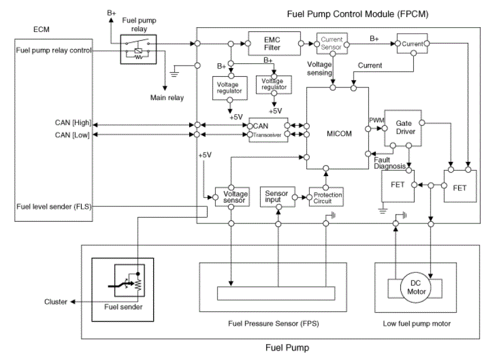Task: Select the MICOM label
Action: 339,134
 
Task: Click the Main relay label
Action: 167,98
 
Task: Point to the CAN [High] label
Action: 73,123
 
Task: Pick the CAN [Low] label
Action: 72,135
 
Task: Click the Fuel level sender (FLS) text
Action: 54,207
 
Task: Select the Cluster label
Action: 56,301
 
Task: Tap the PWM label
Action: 377,121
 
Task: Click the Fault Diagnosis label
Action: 390,163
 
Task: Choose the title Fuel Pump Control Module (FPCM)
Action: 358,14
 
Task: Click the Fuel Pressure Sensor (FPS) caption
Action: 274,323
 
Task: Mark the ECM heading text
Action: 41,30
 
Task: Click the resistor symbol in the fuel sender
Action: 138,285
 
